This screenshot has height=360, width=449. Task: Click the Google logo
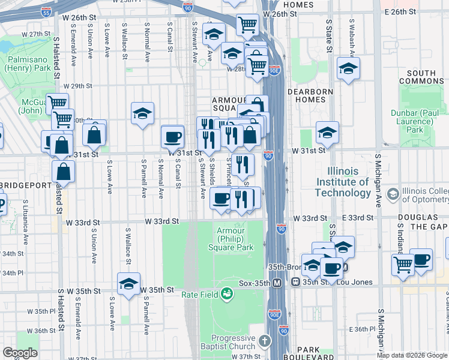[x=19, y=352]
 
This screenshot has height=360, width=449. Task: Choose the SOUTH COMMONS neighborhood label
[x=424, y=77]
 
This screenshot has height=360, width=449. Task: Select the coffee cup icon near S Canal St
[x=173, y=137]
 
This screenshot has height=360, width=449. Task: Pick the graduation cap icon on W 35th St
[x=128, y=284]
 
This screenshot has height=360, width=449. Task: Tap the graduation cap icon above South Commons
[x=348, y=69]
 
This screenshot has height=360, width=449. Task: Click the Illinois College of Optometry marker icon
[x=393, y=194]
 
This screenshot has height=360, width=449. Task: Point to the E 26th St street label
[x=400, y=12]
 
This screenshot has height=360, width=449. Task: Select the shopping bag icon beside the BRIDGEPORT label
[x=63, y=172]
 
